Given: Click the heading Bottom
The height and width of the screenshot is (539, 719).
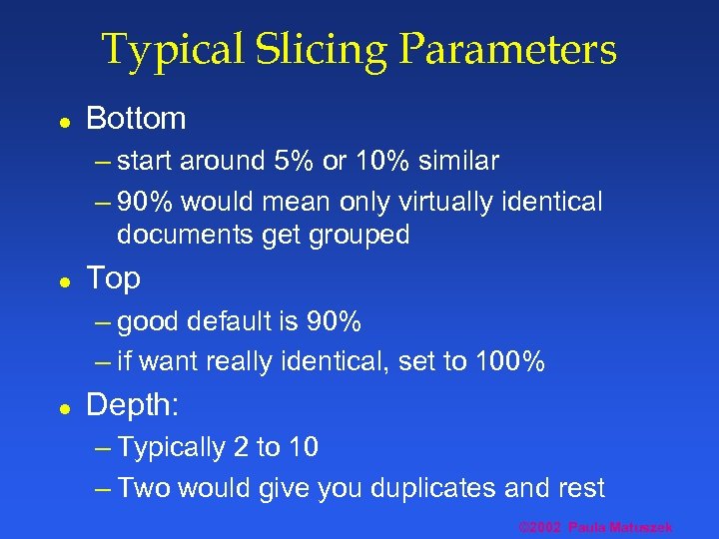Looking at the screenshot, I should [x=136, y=119].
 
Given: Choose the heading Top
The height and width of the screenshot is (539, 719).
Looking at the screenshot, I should [x=113, y=278].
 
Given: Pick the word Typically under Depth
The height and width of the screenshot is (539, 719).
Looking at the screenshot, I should [x=172, y=447].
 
